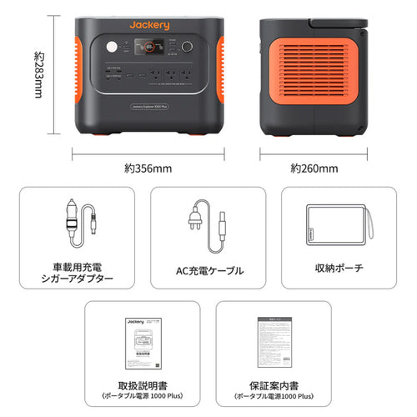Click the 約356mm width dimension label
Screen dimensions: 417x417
pos(148,168)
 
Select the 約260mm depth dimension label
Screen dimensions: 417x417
pos(313,168)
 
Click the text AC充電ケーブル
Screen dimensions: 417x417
pos(208,271)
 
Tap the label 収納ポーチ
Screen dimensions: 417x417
pos(339,270)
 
